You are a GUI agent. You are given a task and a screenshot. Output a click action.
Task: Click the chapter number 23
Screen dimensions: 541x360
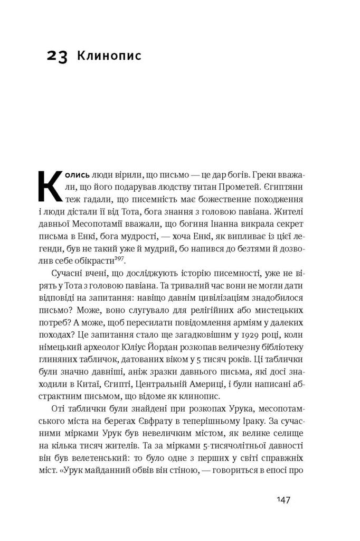click(x=57, y=57)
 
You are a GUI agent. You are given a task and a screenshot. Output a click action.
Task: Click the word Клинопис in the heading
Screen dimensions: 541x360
click(x=109, y=55)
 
